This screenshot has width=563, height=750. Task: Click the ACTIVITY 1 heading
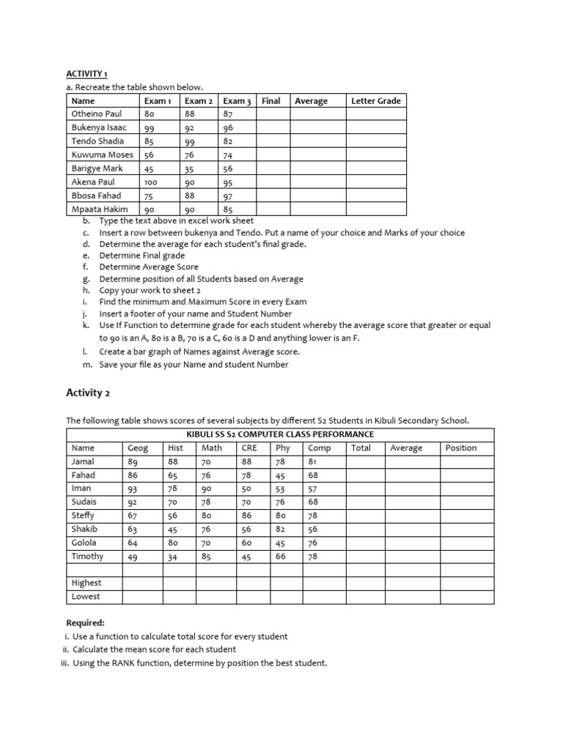87,74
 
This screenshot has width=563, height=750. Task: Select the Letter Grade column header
376,101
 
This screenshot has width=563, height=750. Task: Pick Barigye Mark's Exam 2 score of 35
190,168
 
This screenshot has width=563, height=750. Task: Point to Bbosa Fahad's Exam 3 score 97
228,196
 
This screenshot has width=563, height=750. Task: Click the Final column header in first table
271,101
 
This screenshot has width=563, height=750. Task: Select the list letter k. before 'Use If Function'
86,325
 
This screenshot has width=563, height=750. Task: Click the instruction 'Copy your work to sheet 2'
149,290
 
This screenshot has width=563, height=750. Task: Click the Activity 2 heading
88,393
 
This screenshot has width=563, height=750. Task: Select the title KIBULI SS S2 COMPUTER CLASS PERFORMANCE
280,434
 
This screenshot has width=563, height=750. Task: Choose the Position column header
460,448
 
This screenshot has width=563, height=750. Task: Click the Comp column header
320,448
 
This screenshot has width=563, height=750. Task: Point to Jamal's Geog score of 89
133,462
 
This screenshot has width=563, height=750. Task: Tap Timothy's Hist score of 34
174,557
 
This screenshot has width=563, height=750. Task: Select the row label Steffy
83,516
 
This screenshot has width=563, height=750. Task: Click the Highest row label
87,583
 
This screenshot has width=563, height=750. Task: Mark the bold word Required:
85,623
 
